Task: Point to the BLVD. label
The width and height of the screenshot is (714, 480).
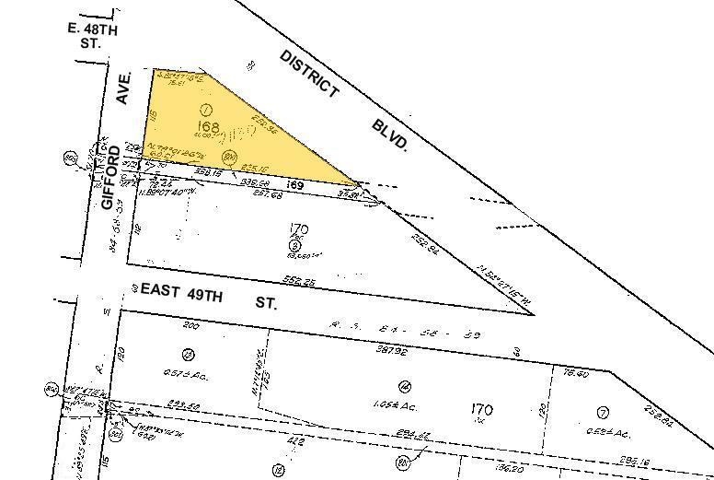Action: coord(391,135)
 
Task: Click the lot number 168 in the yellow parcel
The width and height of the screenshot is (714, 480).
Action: coord(209,126)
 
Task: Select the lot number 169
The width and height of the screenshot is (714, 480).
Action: coord(294,185)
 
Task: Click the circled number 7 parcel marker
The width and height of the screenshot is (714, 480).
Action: coord(603,412)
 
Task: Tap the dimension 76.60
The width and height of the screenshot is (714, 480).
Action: coord(574,373)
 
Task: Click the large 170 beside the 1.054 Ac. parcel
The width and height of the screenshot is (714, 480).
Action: coord(482,409)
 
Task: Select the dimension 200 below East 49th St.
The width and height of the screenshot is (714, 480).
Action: coord(191,325)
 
